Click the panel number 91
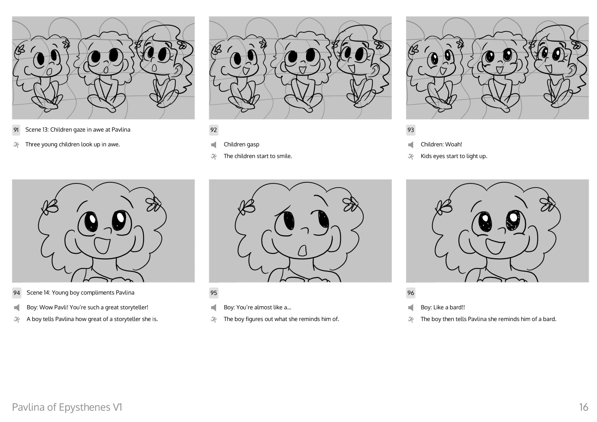16,130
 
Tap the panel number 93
410,130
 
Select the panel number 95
213,293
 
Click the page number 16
583,407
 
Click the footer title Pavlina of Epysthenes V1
67,407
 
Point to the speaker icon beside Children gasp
213,145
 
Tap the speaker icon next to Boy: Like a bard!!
410,308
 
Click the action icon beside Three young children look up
16,145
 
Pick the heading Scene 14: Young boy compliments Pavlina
81,293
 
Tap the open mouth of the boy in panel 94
102,246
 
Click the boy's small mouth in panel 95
303,251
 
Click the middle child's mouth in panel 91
106,70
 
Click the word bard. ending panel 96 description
550,319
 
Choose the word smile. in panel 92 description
285,156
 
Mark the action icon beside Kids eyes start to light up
410,157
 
